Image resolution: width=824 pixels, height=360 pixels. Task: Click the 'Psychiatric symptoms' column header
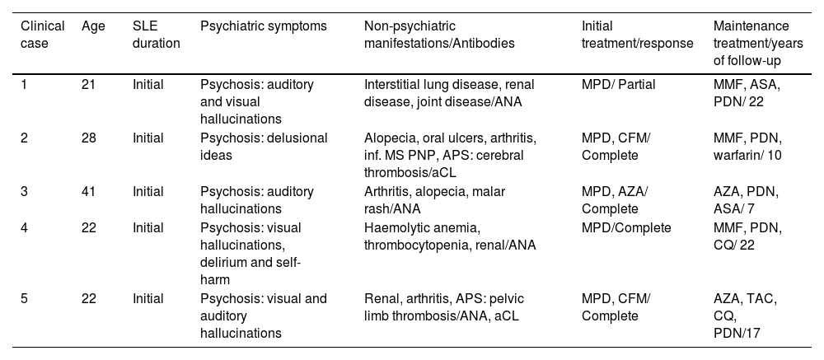coord(263,26)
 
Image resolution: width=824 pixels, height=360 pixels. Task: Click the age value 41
coord(89,191)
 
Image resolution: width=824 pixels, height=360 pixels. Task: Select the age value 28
coord(89,138)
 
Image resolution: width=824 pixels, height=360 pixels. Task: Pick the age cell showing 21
coord(89,84)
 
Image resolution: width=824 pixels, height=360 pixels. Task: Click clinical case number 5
coord(24,298)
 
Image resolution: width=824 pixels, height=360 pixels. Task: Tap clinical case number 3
coord(24,191)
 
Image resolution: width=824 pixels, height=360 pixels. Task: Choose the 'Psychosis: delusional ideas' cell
coord(263,146)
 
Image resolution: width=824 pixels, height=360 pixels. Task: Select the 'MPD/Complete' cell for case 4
coord(626,227)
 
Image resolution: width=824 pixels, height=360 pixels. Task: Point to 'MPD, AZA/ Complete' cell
coord(616,199)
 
